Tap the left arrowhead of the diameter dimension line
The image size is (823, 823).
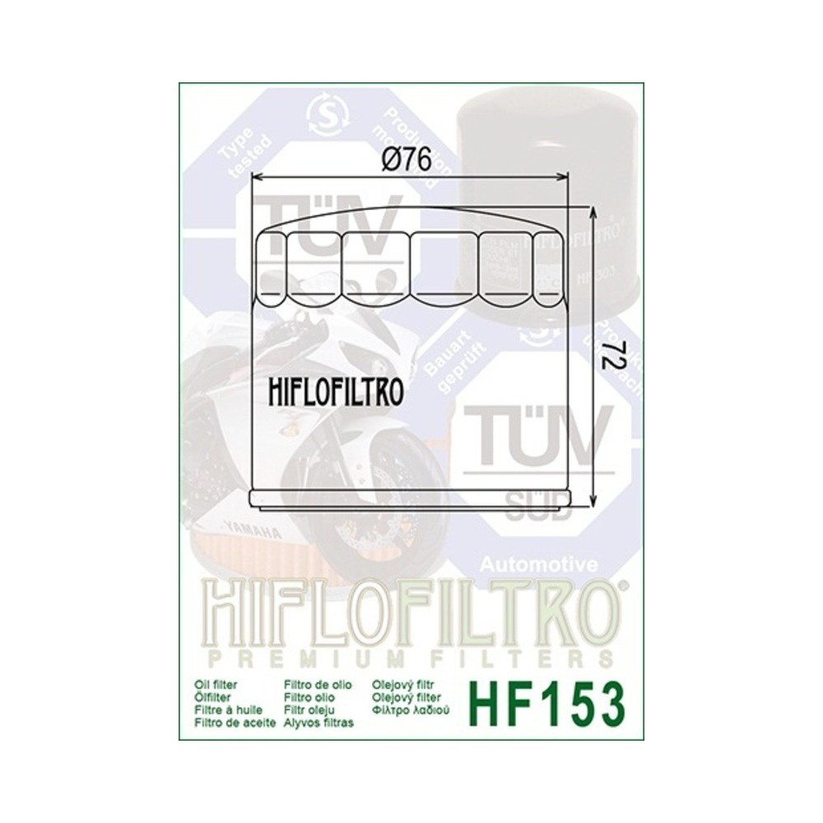pyautogui.click(x=256, y=176)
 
